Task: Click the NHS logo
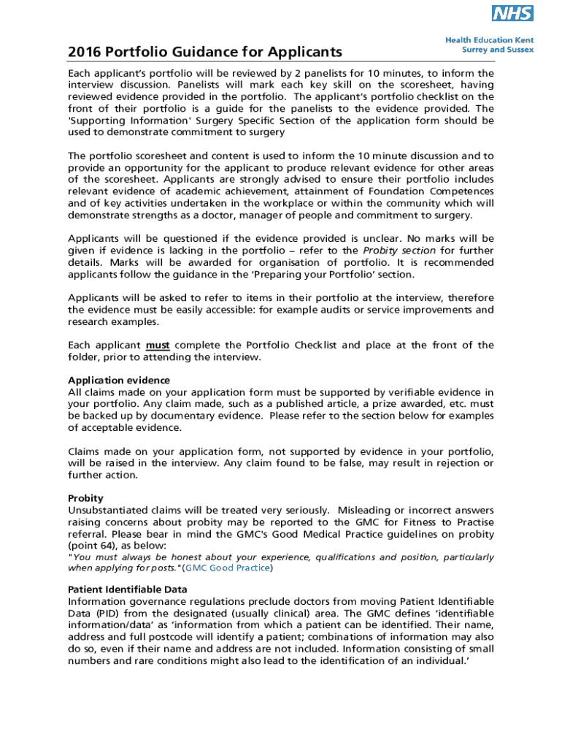pos(512,13)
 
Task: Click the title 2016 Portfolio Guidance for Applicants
pos(205,52)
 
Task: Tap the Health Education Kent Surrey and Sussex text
pos(489,45)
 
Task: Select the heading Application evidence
pos(119,380)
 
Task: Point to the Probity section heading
pos(85,498)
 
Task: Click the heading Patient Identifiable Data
pos(128,589)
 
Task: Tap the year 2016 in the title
pos(84,52)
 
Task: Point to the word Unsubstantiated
pos(111,510)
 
